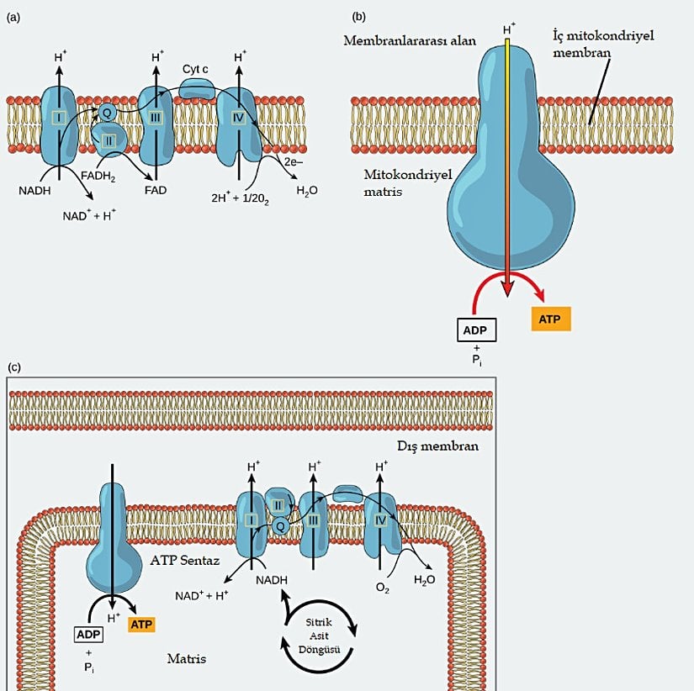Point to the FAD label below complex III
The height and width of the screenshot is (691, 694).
point(156,190)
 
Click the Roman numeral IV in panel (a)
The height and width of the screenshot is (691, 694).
point(238,118)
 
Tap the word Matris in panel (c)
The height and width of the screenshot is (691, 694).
point(186,658)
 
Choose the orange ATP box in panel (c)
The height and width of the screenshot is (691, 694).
point(142,624)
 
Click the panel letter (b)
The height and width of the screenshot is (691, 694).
point(358,16)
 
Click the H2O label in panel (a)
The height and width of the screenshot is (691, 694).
point(308,191)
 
